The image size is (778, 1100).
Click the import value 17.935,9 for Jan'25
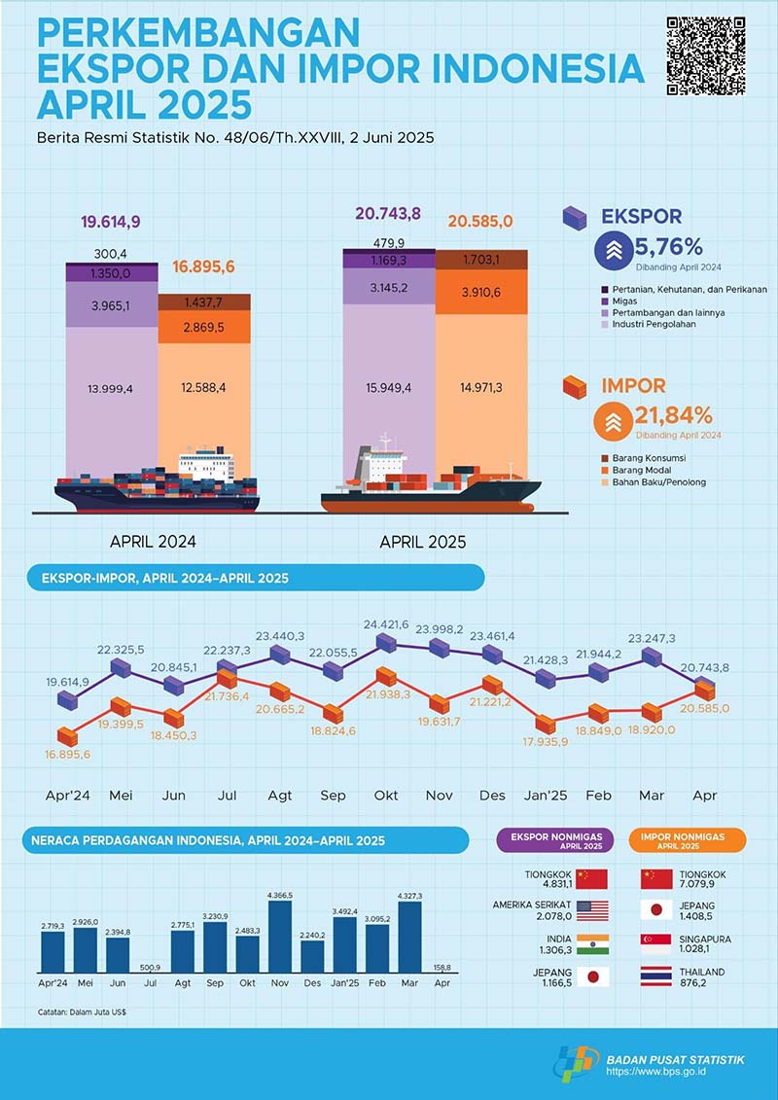pos(545,742)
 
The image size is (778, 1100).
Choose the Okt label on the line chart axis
pos(386,796)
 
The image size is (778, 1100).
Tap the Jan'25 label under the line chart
pos(545,796)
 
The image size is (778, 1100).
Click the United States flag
pos(591,911)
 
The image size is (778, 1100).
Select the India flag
pos(591,944)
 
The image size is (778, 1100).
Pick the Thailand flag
pos(656,977)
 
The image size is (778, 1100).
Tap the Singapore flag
pos(656,944)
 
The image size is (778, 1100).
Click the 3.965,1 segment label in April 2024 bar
pos(111,304)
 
